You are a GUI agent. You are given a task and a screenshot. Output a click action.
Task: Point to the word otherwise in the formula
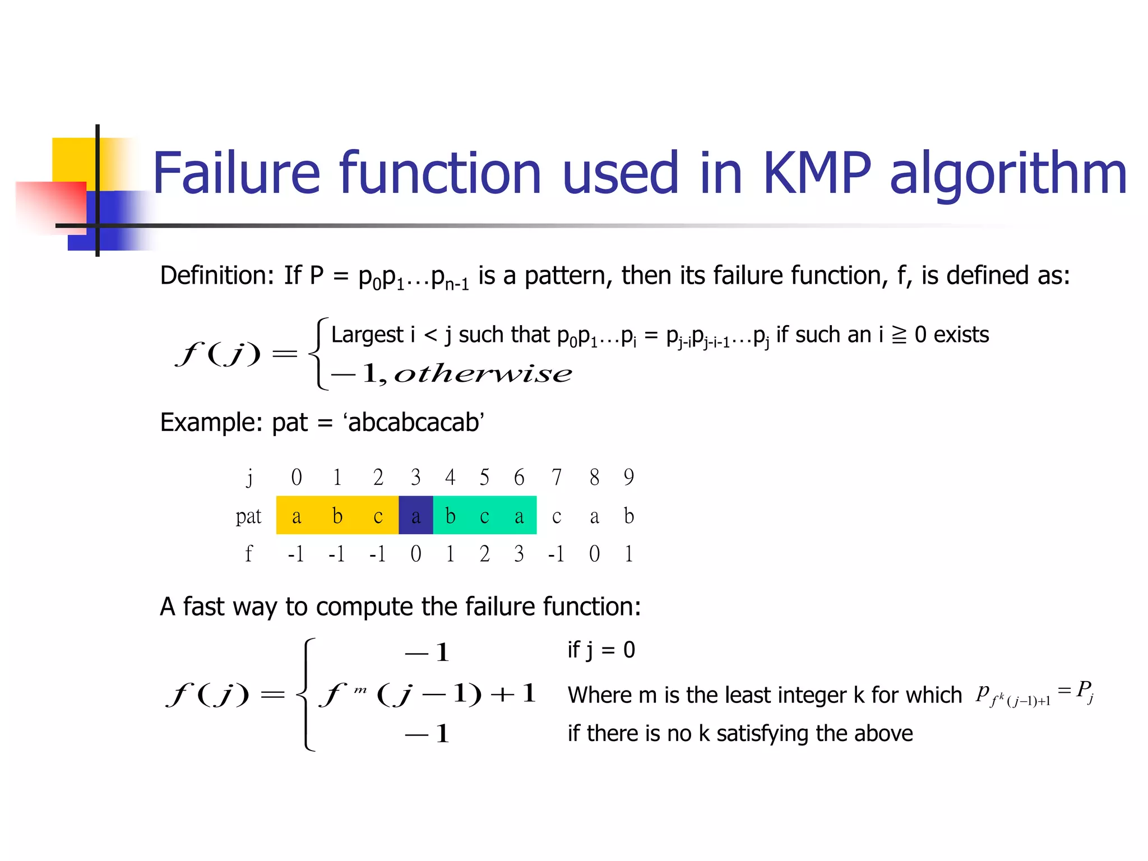click(x=483, y=373)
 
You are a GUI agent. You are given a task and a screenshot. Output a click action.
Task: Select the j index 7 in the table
click(x=556, y=477)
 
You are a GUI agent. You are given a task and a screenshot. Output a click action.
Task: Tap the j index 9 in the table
click(x=628, y=477)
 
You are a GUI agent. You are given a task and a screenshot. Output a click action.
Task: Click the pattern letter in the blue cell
click(x=415, y=516)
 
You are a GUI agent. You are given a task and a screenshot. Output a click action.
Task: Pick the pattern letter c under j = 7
click(x=556, y=516)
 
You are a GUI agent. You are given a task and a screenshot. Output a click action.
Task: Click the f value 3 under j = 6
click(x=519, y=554)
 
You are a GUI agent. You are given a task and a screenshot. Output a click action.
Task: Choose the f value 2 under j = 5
click(x=484, y=554)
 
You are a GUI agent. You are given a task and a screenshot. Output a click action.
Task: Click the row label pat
click(x=248, y=516)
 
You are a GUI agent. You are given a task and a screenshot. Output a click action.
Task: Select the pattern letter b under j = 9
click(x=628, y=516)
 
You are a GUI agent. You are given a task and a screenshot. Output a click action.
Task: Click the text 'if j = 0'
click(x=601, y=650)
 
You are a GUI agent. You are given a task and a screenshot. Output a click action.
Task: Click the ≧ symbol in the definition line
click(x=899, y=335)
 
